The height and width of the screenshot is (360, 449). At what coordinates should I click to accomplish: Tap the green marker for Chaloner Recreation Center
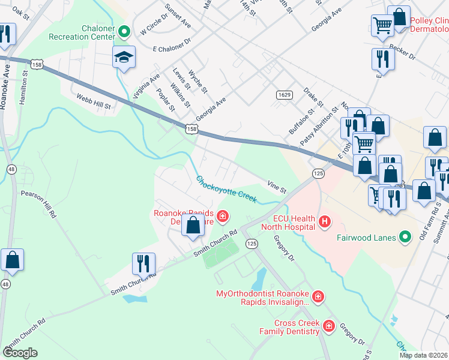coord(125,32)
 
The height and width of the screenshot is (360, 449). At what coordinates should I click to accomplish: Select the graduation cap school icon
coord(124,58)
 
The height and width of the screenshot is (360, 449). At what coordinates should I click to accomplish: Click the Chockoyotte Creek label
coord(226,188)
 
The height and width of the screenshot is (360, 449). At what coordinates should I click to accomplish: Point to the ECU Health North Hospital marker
coord(325,222)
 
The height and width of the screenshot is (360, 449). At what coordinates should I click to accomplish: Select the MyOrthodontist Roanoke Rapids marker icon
coord(318,296)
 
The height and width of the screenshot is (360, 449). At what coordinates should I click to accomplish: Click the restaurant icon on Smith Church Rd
coord(143,263)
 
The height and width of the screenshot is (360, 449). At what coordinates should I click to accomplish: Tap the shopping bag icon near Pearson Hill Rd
coord(12,260)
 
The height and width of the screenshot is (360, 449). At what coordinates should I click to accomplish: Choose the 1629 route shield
coord(285,95)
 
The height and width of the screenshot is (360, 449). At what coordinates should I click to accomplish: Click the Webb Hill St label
coord(94,101)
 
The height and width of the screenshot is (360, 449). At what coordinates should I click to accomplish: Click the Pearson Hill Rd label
coord(38,204)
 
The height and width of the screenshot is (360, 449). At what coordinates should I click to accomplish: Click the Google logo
coord(19,353)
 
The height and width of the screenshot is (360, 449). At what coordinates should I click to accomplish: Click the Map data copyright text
coord(423,355)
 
